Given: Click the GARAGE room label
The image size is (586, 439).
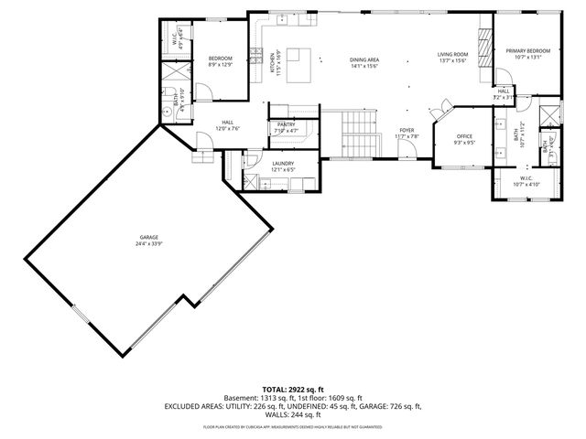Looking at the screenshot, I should pyautogui.click(x=143, y=237).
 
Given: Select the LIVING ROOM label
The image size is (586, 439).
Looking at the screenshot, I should pyautogui.click(x=452, y=55).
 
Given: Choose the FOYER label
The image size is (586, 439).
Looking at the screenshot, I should pyautogui.click(x=406, y=131).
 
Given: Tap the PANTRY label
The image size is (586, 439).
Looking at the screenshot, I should pyautogui.click(x=286, y=124).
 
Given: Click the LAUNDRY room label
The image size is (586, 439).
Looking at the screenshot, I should pyautogui.click(x=283, y=164).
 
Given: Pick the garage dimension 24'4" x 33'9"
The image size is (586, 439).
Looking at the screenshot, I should pyautogui.click(x=143, y=243).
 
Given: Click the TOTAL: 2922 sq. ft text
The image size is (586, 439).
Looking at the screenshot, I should pyautogui.click(x=293, y=390).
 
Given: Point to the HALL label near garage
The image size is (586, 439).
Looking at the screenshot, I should pyautogui.click(x=226, y=123).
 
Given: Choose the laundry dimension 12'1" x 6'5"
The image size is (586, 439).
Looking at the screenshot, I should pyautogui.click(x=283, y=169).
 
